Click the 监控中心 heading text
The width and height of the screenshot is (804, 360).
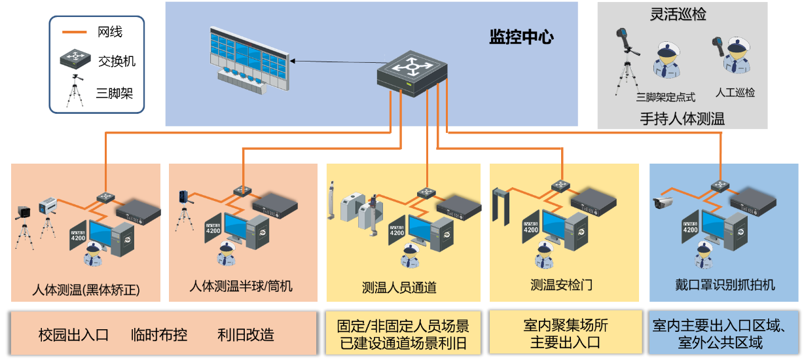click(521, 37)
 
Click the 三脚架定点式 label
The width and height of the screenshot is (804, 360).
click(665, 97)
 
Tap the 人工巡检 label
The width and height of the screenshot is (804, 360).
click(735, 92)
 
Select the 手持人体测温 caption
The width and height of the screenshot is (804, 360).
click(682, 118)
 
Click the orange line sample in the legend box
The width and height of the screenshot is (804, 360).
click(74, 31)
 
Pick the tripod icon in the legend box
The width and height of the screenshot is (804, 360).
click(76, 91)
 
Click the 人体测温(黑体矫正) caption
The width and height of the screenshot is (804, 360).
click(86, 288)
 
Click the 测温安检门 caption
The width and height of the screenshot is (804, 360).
click(561, 285)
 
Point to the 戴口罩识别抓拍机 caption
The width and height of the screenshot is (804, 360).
click(725, 285)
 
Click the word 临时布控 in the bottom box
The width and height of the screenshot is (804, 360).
click(159, 335)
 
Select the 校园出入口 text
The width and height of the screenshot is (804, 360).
click(73, 335)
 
